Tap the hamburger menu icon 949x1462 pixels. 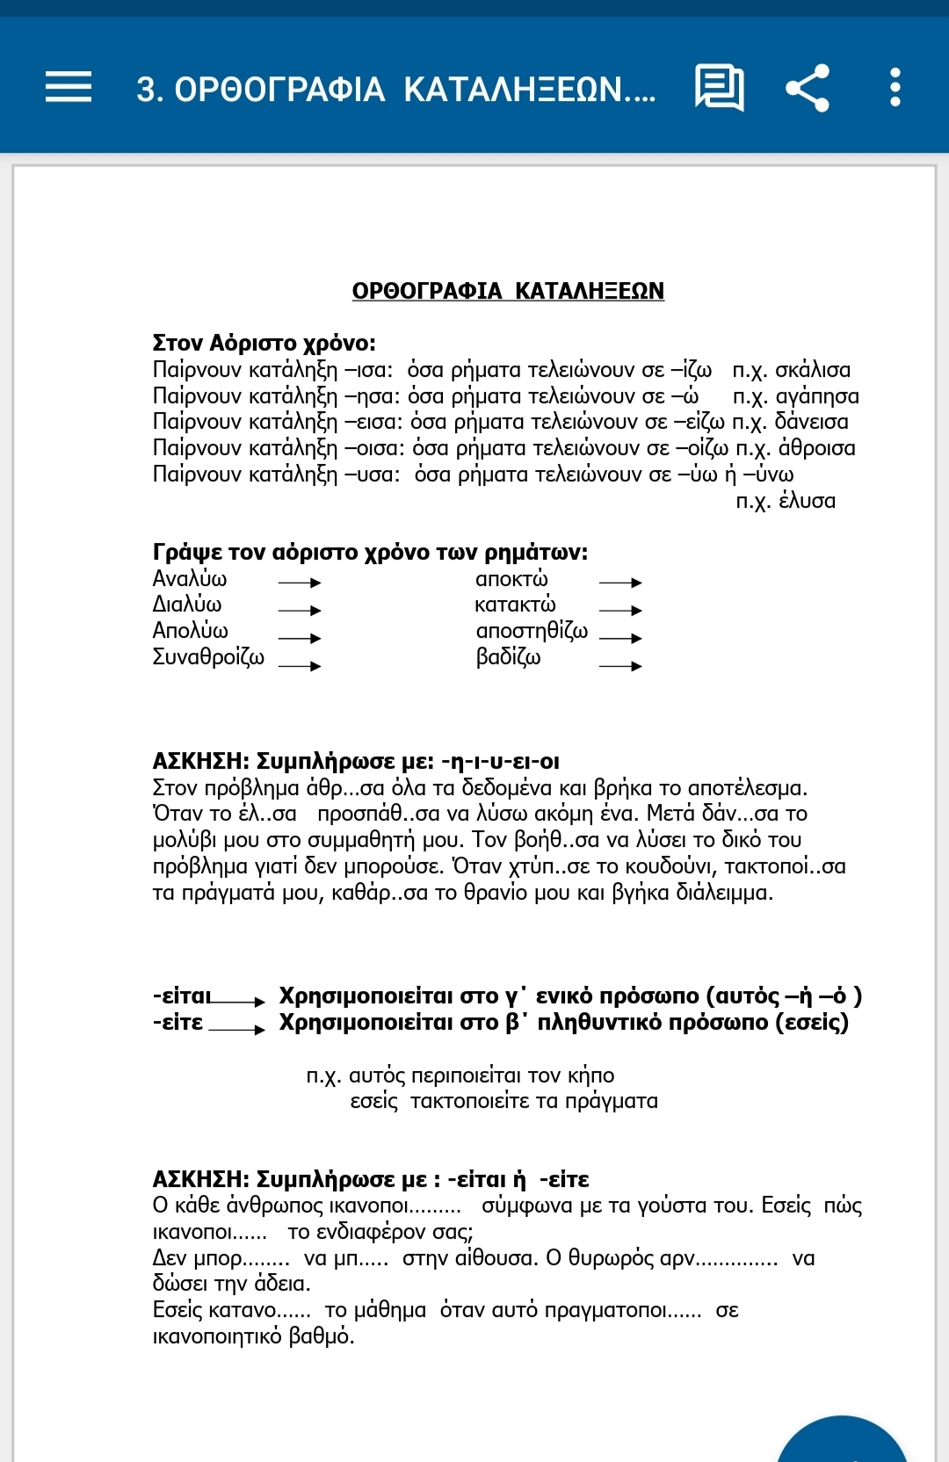coord(69,87)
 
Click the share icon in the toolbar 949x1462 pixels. coord(807,88)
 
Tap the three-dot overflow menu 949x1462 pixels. coord(895,88)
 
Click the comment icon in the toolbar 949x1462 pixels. coord(720,87)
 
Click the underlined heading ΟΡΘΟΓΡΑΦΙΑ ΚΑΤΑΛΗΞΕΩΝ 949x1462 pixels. coord(508,291)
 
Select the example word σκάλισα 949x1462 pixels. coord(813,370)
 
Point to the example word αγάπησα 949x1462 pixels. coord(817,396)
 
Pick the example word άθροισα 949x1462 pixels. coord(816,448)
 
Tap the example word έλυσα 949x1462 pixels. coord(807,501)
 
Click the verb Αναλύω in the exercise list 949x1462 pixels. coord(190,579)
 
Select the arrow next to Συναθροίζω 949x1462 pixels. coord(300,666)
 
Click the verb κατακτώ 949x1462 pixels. coord(515,604)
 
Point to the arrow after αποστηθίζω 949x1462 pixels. coord(620,638)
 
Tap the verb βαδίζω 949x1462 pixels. coord(508,657)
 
